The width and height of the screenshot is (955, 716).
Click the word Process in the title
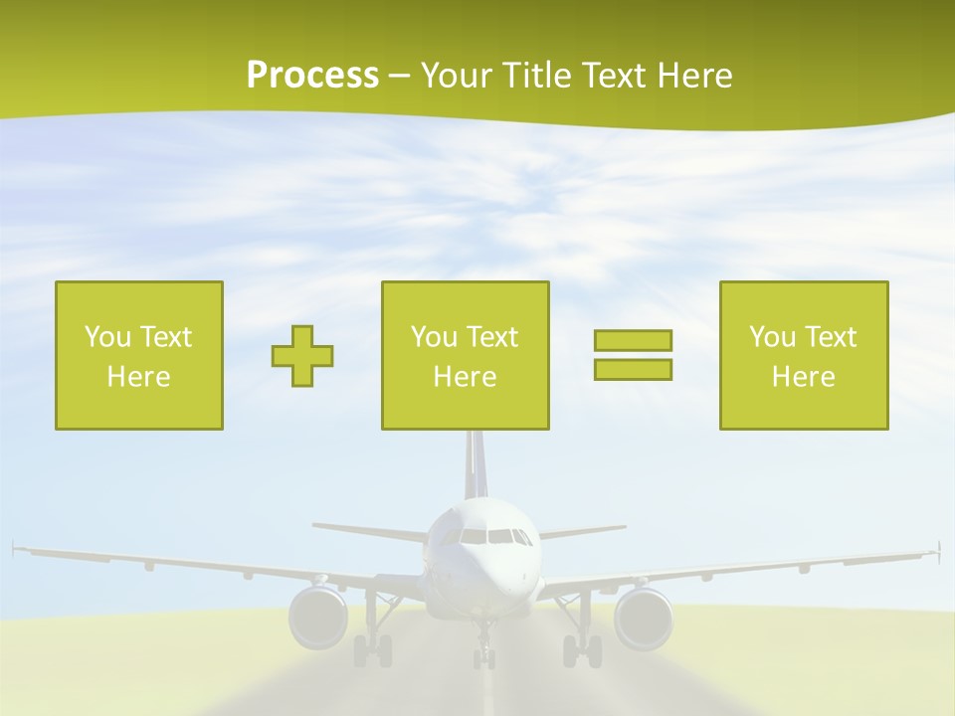312,76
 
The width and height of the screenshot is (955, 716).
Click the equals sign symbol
633,355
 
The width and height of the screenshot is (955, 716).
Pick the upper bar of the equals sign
633,341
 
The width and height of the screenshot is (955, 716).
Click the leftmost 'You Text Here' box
139,355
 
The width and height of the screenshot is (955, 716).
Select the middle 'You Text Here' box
465,355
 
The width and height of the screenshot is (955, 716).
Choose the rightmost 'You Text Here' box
804,355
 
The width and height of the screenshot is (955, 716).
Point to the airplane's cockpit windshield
486,537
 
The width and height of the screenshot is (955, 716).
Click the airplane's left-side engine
318,617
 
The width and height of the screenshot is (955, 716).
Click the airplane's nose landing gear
483,651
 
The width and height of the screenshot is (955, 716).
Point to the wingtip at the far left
16,547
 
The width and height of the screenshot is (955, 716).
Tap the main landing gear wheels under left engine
372,651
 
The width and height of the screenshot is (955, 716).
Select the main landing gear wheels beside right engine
583,651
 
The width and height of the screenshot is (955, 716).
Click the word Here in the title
694,76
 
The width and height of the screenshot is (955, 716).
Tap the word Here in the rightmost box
804,377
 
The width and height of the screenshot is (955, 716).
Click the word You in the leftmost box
106,337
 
